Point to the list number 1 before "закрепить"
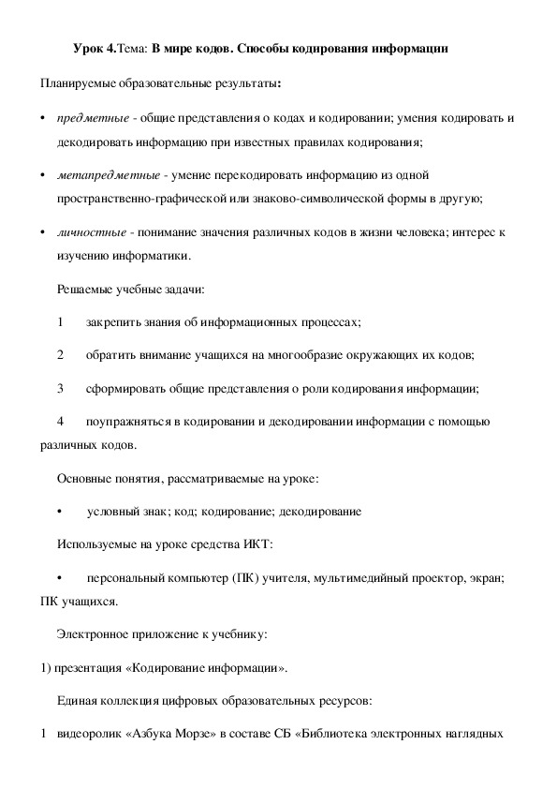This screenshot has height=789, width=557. tap(60, 321)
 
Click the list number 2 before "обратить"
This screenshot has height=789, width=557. tap(60, 355)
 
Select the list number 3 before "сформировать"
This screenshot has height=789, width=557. tap(60, 388)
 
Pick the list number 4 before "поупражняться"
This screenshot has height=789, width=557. tap(60, 422)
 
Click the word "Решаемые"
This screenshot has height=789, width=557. tap(87, 290)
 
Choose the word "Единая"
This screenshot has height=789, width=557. tap(79, 701)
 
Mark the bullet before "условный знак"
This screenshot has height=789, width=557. tap(60, 512)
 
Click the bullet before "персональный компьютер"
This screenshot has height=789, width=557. tap(60, 578)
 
